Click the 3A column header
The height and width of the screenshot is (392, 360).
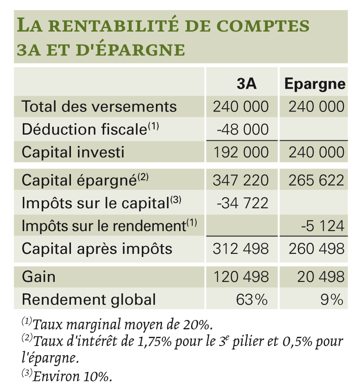(x=247, y=83)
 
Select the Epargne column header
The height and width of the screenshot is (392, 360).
(x=315, y=84)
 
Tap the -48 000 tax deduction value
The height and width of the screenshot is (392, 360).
(x=243, y=129)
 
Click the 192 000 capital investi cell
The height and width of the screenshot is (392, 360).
(x=241, y=152)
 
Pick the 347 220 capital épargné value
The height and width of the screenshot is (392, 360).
(x=241, y=180)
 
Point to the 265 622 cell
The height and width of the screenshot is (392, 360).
(x=316, y=180)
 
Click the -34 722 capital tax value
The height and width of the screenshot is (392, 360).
(x=243, y=203)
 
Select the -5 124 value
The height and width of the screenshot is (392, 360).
(x=323, y=226)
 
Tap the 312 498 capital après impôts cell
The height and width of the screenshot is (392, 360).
(x=241, y=249)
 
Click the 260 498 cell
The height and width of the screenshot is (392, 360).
(x=316, y=249)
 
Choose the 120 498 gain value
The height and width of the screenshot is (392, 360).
(x=241, y=277)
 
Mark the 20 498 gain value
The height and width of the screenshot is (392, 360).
(x=321, y=277)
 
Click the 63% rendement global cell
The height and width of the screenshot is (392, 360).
(x=252, y=299)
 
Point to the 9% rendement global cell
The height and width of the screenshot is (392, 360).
(x=332, y=299)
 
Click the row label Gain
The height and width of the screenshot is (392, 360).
(x=39, y=277)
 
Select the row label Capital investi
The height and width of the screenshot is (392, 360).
(x=73, y=152)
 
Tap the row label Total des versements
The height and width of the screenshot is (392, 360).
(x=99, y=106)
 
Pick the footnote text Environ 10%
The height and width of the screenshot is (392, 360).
(x=72, y=376)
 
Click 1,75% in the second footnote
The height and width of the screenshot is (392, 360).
(x=155, y=342)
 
